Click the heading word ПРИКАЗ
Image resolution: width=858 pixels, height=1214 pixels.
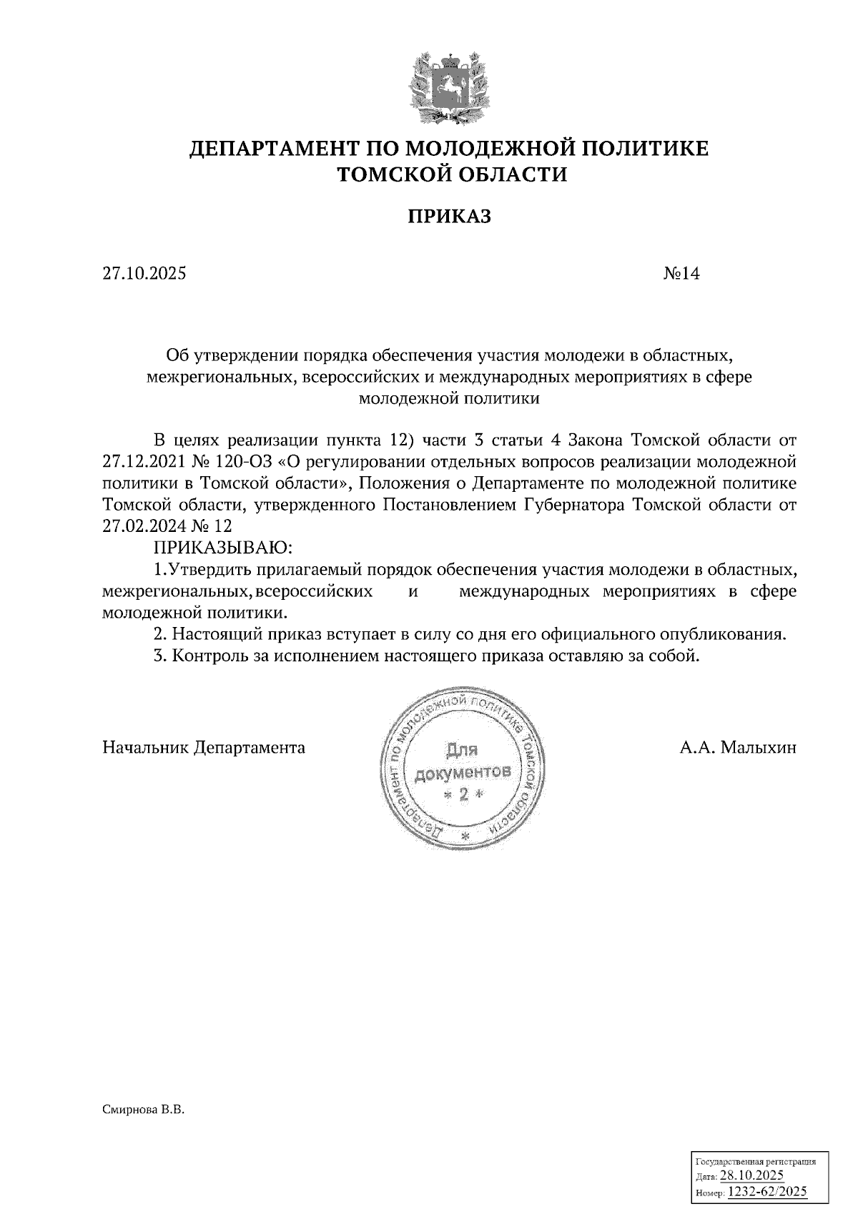(449, 217)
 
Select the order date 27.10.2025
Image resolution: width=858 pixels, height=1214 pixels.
(144, 273)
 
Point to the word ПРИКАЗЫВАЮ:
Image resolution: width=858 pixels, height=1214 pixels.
(224, 548)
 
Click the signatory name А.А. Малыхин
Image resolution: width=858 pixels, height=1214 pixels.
(738, 748)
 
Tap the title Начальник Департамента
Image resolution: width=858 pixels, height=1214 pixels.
(204, 748)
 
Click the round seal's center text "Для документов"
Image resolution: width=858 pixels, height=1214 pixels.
(463, 761)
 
